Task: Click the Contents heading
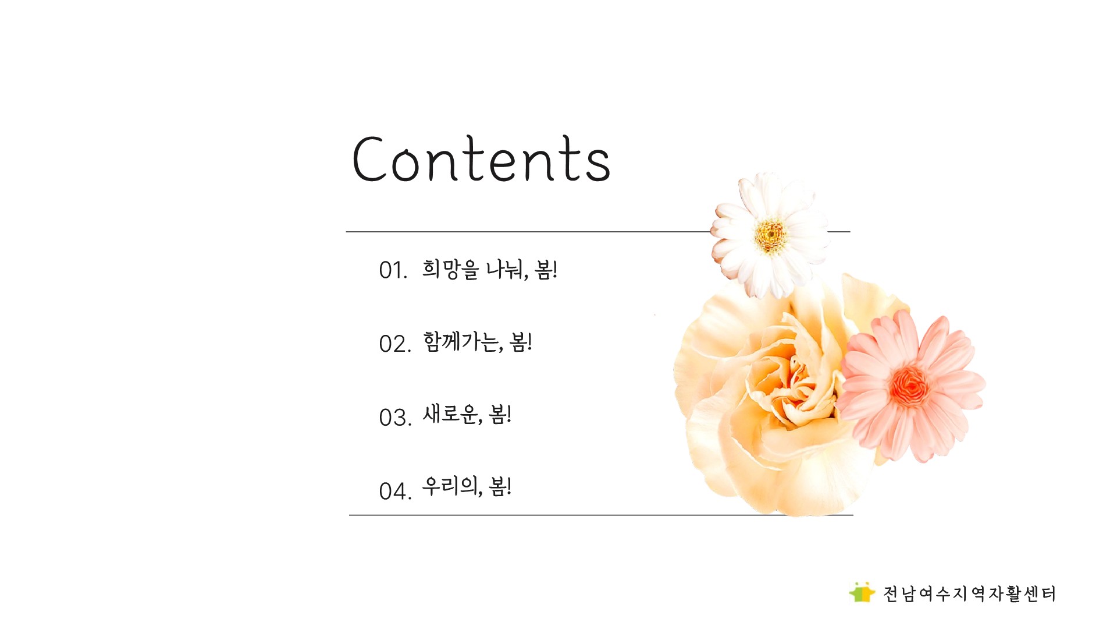481,158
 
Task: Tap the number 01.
393,270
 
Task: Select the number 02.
395,344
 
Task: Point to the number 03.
395,417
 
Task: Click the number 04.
395,491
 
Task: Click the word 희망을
450,269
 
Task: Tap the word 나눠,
507,270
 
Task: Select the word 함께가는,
463,342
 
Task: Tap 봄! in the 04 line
500,486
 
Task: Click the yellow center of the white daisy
771,235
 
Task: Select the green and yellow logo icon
862,592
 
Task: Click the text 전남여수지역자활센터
969,593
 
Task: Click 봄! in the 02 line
521,342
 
